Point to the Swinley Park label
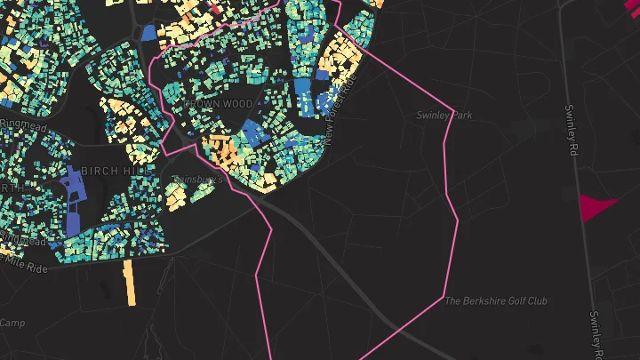click(x=444, y=116)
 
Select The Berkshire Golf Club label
click(x=496, y=300)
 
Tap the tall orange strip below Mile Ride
click(x=130, y=282)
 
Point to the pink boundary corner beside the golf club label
click(x=444, y=296)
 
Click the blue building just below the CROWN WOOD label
click(x=252, y=133)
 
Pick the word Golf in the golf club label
click(x=503, y=300)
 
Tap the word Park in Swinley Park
click(x=461, y=116)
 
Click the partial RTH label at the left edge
click(x=9, y=188)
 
